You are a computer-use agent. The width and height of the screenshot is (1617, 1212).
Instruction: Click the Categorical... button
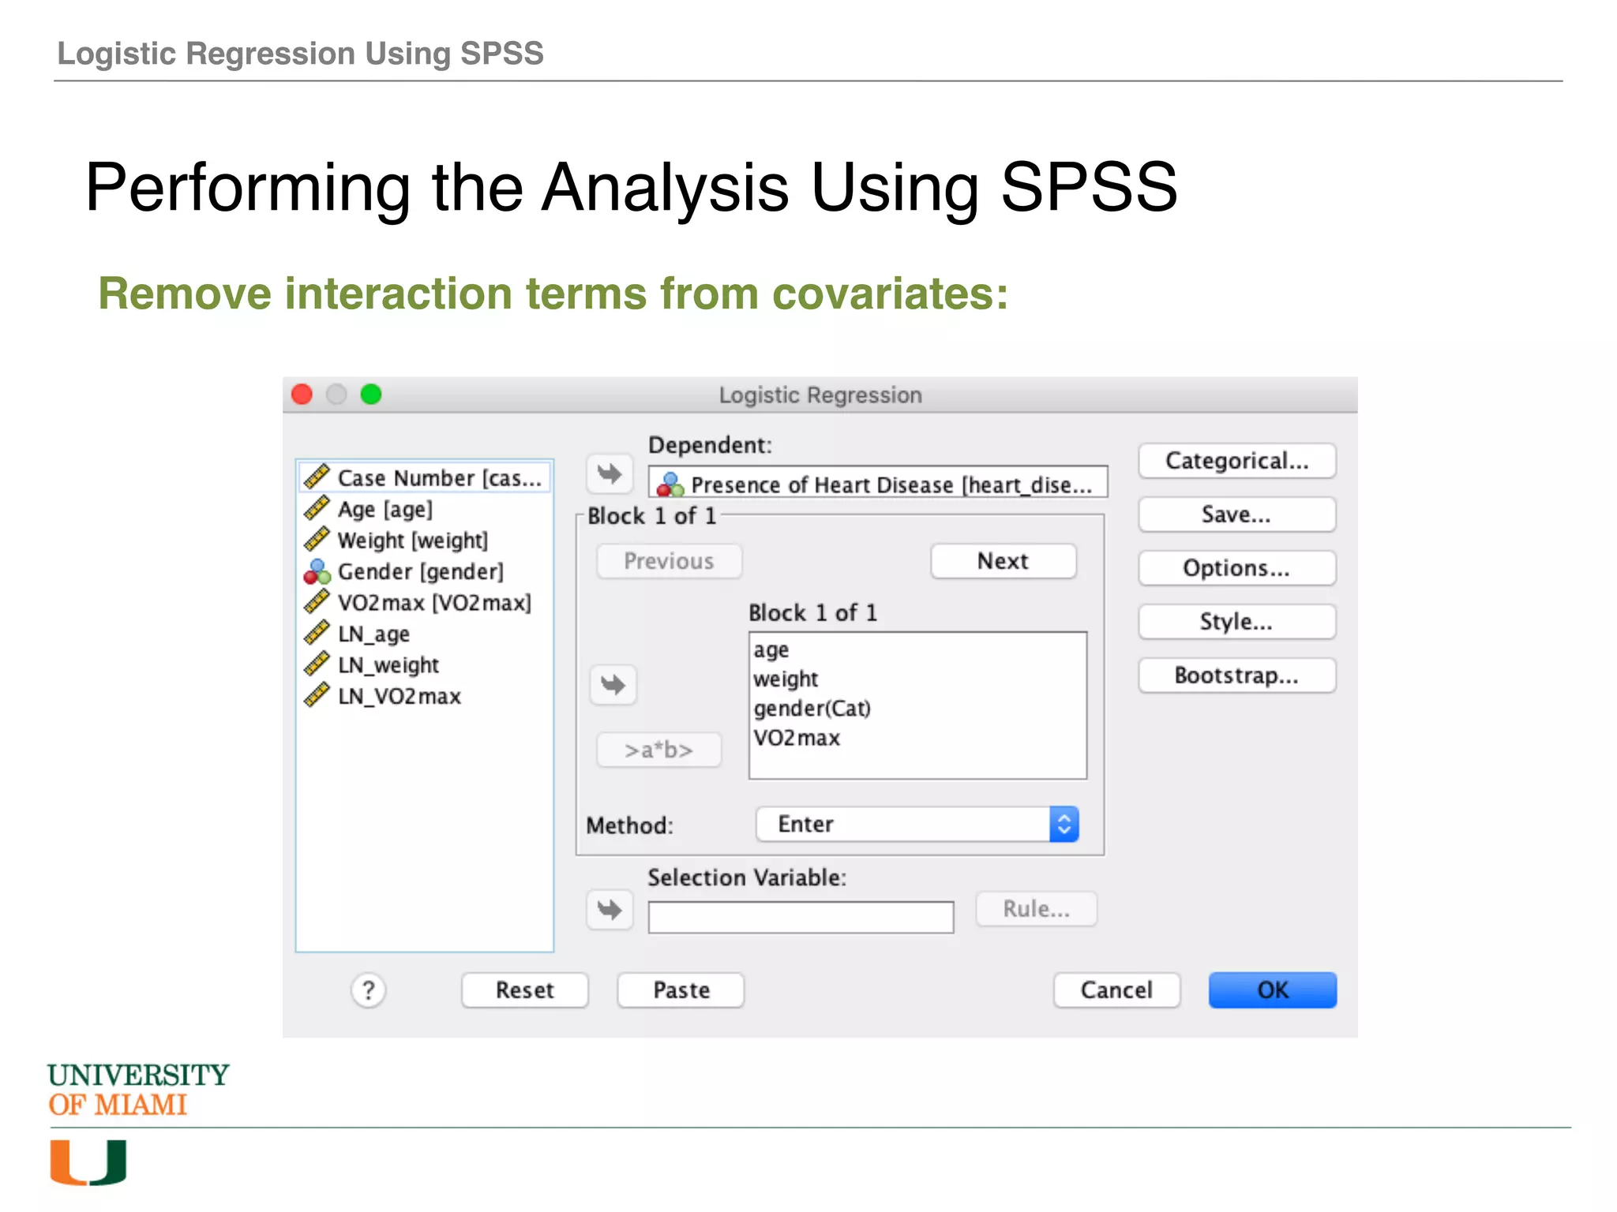1236,461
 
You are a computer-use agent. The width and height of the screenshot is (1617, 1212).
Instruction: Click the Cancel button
1116,989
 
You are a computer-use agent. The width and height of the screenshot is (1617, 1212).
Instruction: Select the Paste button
681,989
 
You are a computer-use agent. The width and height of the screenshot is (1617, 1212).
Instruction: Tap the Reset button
524,989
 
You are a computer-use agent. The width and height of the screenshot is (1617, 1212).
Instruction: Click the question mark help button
368,989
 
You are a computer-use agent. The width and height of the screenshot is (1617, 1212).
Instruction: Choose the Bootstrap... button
1236,675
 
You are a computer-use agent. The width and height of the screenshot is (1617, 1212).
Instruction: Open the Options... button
1236,568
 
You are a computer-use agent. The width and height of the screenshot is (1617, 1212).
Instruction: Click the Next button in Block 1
1003,561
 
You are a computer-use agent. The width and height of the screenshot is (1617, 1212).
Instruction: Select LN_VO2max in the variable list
399,696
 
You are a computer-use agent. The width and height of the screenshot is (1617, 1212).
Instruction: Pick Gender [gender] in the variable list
420,571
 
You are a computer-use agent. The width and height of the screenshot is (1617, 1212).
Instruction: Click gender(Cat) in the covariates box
812,708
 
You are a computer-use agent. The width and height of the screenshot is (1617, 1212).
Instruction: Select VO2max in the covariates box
797,738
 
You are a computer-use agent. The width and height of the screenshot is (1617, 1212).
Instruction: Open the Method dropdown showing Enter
917,824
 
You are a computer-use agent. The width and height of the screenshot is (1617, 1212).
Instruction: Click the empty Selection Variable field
800,917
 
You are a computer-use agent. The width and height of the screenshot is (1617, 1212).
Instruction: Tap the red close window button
302,394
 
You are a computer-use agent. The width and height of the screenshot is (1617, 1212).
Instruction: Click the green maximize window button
371,394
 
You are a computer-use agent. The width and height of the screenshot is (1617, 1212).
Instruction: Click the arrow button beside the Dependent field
610,473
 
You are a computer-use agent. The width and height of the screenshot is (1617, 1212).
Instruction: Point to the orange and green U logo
88,1161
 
